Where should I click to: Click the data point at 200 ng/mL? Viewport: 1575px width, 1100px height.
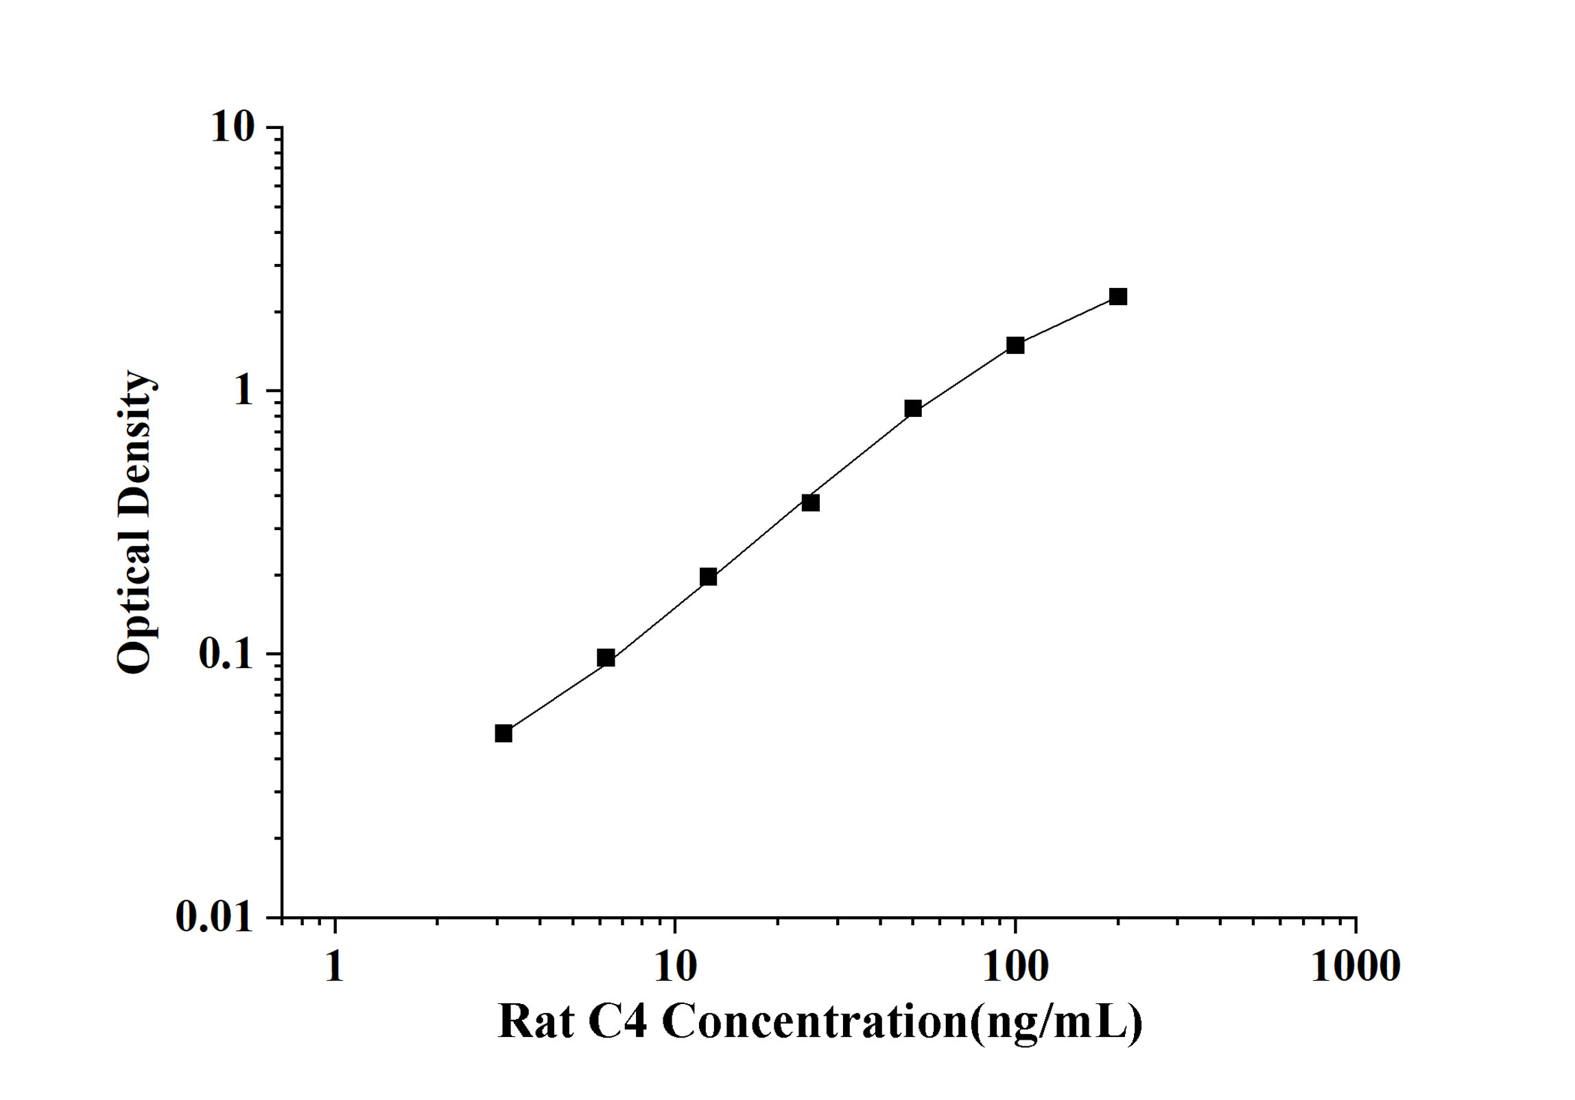pyautogui.click(x=1117, y=296)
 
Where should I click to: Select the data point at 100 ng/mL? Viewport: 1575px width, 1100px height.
pyautogui.click(x=1015, y=345)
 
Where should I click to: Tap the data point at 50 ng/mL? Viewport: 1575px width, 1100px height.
pyautogui.click(x=912, y=409)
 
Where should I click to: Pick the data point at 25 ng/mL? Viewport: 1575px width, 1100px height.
pyautogui.click(x=810, y=503)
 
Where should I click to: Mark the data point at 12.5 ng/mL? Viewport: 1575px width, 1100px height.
pyautogui.click(x=708, y=577)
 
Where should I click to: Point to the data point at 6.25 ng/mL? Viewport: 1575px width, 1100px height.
pyautogui.click(x=606, y=658)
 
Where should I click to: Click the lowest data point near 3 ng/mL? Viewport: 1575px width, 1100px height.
pyautogui.click(x=504, y=733)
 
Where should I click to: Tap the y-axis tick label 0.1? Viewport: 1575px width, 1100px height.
pyautogui.click(x=224, y=654)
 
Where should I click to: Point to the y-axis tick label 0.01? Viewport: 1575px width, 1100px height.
pyautogui.click(x=215, y=916)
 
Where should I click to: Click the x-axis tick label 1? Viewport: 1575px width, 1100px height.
pyautogui.click(x=334, y=967)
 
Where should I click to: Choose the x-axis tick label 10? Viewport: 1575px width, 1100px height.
pyautogui.click(x=675, y=967)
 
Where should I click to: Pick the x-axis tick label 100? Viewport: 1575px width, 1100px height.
pyautogui.click(x=1015, y=967)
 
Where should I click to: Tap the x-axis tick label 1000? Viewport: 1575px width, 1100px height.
pyautogui.click(x=1355, y=967)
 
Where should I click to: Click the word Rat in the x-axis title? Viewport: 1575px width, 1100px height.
pyautogui.click(x=535, y=1022)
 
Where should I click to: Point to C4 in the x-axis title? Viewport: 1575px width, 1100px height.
pyautogui.click(x=617, y=1022)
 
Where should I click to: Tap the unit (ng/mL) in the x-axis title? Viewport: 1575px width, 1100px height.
pyautogui.click(x=1056, y=1022)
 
